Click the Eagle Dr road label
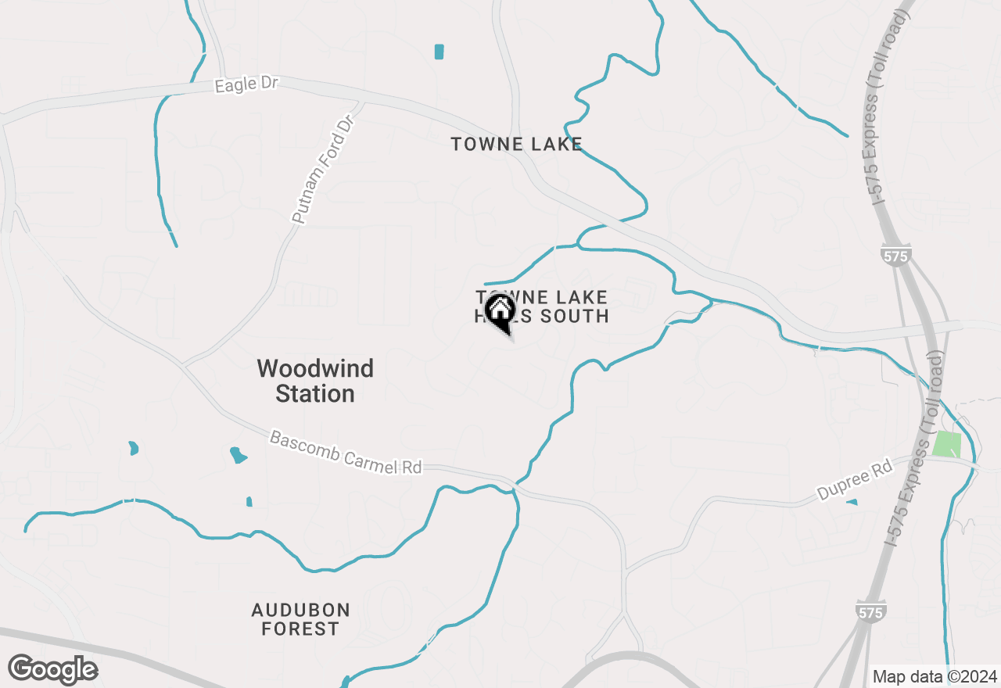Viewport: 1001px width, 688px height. (x=246, y=84)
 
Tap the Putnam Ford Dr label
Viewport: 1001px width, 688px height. (x=323, y=170)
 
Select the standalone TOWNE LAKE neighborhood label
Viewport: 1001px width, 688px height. (x=517, y=144)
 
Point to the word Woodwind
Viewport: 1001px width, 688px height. (x=315, y=368)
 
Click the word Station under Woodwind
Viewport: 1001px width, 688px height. (x=315, y=393)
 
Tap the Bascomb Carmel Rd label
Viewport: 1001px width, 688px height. (x=346, y=452)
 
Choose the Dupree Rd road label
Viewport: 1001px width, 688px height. (x=854, y=480)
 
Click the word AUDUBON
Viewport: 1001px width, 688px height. (x=301, y=610)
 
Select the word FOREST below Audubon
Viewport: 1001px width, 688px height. (x=300, y=629)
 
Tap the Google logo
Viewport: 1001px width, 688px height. (x=53, y=669)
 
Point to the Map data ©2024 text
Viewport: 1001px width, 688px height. (x=935, y=676)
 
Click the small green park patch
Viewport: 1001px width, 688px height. (x=947, y=444)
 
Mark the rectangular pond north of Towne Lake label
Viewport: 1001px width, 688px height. (x=439, y=52)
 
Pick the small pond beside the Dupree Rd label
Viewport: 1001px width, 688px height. (x=852, y=502)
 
